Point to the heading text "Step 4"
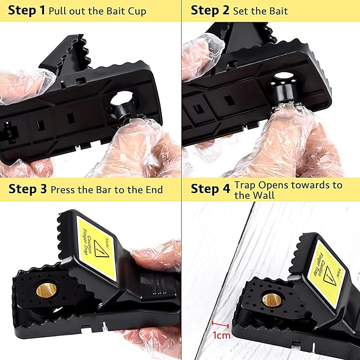(210, 189)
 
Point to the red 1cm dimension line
(220, 323)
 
